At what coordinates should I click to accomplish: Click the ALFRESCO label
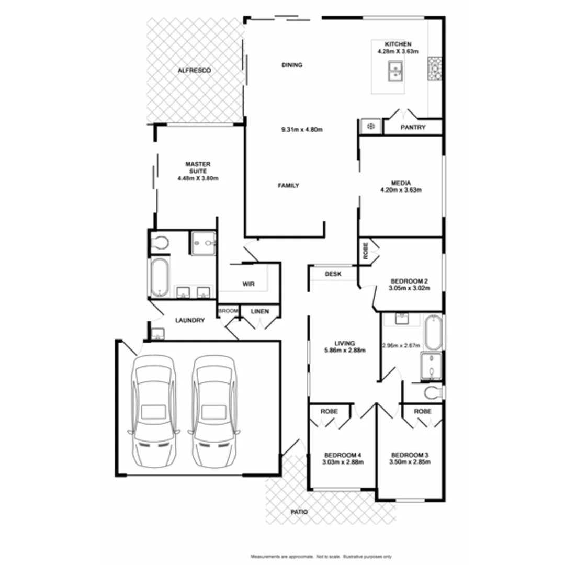194,70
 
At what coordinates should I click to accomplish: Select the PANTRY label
413,127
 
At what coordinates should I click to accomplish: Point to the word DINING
292,65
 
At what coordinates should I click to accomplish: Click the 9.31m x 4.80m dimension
301,129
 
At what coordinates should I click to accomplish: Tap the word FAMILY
288,185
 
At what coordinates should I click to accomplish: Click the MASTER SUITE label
198,171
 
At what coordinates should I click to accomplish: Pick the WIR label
248,284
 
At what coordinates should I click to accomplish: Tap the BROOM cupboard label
228,311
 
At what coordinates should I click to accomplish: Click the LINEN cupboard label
260,312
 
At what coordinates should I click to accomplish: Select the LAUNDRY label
190,320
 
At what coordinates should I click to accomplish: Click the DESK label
333,274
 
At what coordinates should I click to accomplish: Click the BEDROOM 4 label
343,458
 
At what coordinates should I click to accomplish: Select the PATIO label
297,512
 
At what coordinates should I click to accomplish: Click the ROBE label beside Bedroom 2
366,250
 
